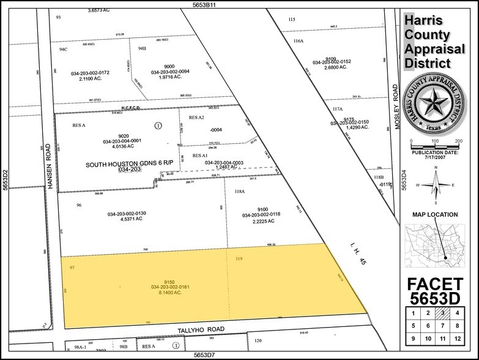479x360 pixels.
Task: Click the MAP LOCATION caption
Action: (435, 214)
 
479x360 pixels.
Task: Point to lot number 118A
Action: (239, 192)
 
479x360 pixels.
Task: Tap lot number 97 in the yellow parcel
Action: (72, 268)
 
